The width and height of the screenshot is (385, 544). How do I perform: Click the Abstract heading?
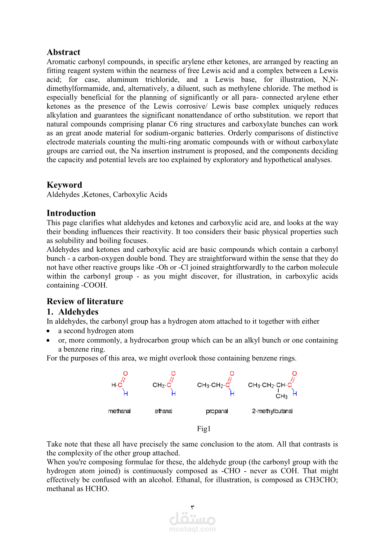click(x=63, y=52)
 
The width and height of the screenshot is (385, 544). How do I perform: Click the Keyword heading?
click(x=64, y=185)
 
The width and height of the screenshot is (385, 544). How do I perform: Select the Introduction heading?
click(x=71, y=213)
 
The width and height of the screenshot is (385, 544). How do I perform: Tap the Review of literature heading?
click(x=85, y=301)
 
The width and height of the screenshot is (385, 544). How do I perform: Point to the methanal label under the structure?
click(x=119, y=411)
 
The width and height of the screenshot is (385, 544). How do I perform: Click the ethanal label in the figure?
click(x=163, y=411)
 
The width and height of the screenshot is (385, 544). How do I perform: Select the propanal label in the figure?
click(x=217, y=411)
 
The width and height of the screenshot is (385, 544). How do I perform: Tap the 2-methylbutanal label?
click(x=272, y=411)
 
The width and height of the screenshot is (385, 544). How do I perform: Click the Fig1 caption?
click(x=204, y=429)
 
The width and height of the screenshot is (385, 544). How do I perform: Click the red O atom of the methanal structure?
click(x=125, y=373)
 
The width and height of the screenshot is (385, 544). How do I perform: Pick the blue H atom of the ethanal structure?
click(x=173, y=394)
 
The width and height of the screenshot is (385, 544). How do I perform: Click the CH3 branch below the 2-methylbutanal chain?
click(x=281, y=396)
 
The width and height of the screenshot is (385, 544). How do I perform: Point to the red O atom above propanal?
click(x=232, y=373)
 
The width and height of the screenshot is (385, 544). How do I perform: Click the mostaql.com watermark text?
click(x=192, y=529)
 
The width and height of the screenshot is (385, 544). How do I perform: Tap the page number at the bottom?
click(x=192, y=507)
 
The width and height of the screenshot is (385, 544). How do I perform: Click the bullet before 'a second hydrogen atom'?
click(x=48, y=331)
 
